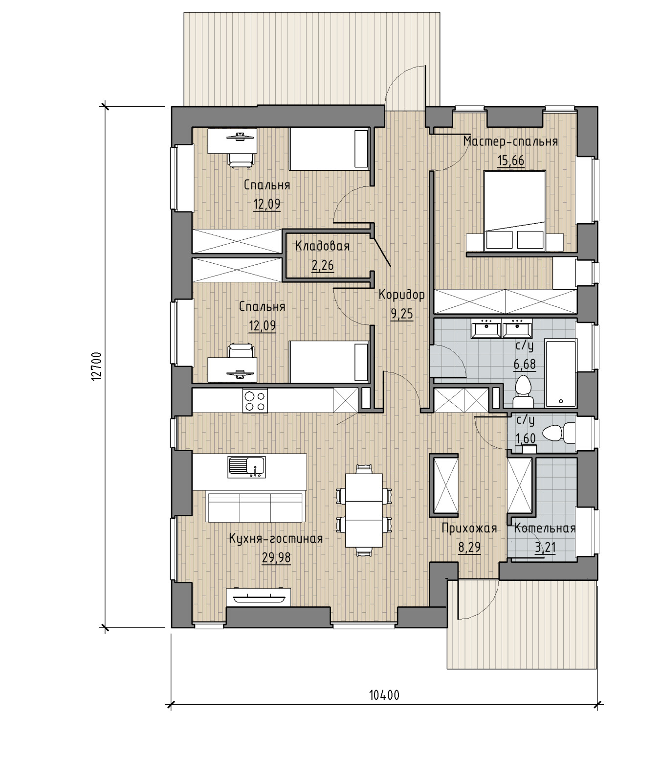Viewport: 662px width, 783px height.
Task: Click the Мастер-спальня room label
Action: point(510,142)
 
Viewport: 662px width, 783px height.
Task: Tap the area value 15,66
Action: point(510,161)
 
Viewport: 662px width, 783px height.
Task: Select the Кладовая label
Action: point(323,246)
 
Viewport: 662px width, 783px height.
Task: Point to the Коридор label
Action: point(402,295)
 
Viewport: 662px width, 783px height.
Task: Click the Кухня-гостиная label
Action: point(276,539)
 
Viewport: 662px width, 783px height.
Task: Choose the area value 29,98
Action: point(276,558)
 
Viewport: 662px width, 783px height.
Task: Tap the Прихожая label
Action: point(469,529)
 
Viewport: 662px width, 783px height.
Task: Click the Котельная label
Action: point(545,529)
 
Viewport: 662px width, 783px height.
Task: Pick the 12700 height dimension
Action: point(97,366)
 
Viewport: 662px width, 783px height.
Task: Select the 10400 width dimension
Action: point(384,695)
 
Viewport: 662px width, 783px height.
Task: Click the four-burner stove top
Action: point(255,400)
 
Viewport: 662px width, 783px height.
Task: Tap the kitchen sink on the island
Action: point(246,467)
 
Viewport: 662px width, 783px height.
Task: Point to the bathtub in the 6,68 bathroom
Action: point(561,372)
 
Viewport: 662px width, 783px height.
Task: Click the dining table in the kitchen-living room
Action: point(363,510)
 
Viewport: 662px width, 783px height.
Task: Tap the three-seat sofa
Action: point(255,507)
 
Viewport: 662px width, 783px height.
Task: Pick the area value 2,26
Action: point(323,265)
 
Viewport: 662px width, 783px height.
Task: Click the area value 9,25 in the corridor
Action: point(402,314)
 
